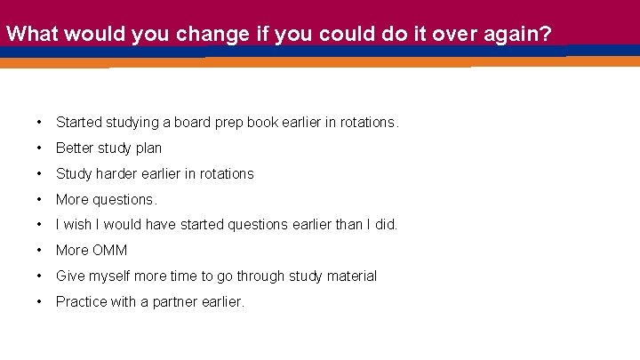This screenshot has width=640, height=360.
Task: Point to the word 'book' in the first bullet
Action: click(261, 122)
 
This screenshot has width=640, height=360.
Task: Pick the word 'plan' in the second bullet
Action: click(148, 148)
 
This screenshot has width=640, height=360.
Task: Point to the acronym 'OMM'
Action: click(109, 251)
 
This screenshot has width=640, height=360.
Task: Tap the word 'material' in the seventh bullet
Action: click(350, 276)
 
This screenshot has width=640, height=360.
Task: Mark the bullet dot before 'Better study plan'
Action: click(40, 148)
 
